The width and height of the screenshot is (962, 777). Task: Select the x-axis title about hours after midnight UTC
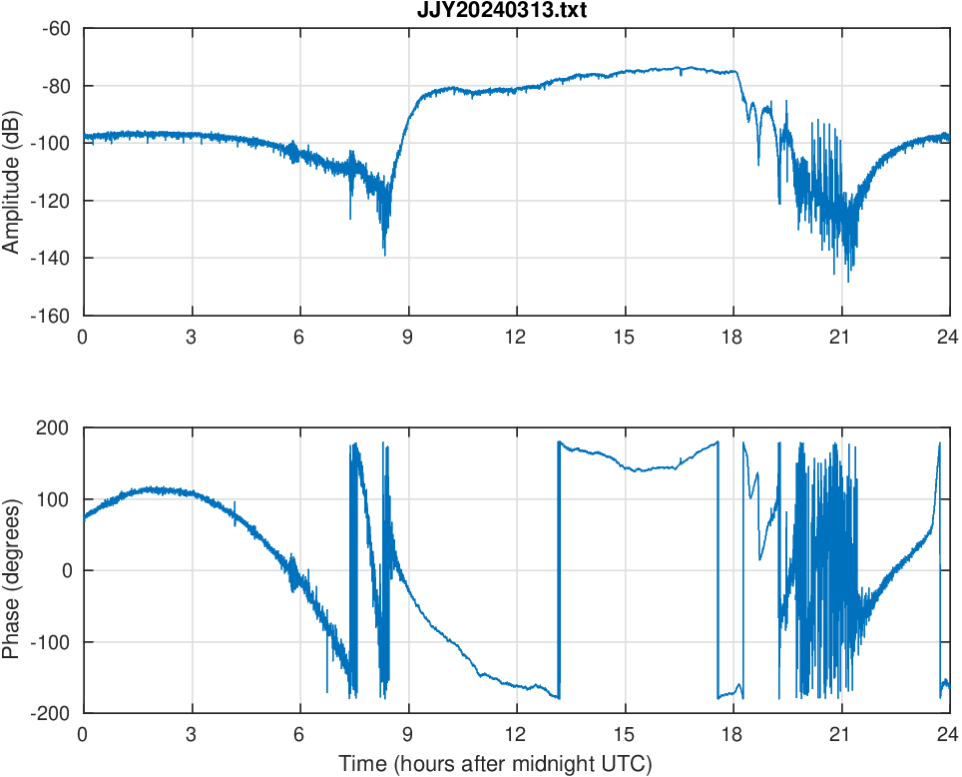(x=495, y=764)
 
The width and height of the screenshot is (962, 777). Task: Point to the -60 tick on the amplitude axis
(x=57, y=28)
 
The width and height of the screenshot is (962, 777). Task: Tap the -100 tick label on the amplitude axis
(x=53, y=143)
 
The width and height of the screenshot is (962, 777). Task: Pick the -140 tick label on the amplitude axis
(x=53, y=258)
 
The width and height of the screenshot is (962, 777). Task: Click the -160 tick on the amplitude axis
(x=53, y=316)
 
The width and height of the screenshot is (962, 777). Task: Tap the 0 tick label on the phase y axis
(x=67, y=570)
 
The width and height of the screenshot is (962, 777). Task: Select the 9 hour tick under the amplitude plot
(x=407, y=336)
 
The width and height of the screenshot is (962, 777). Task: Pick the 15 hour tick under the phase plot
(x=624, y=733)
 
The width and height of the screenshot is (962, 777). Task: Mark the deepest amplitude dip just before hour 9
(x=384, y=254)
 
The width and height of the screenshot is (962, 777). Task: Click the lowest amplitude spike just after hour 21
(x=848, y=281)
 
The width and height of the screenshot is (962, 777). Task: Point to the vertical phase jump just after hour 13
(x=559, y=569)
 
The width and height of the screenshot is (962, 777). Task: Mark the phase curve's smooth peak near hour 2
(x=152, y=488)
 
